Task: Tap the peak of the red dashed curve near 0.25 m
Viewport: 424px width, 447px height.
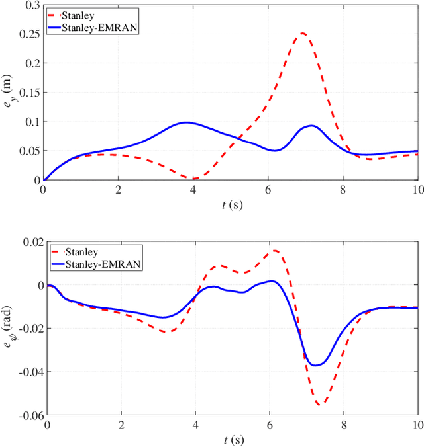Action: point(303,34)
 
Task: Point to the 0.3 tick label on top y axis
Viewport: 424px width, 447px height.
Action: point(30,6)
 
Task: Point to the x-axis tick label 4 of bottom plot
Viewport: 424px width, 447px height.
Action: point(195,425)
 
